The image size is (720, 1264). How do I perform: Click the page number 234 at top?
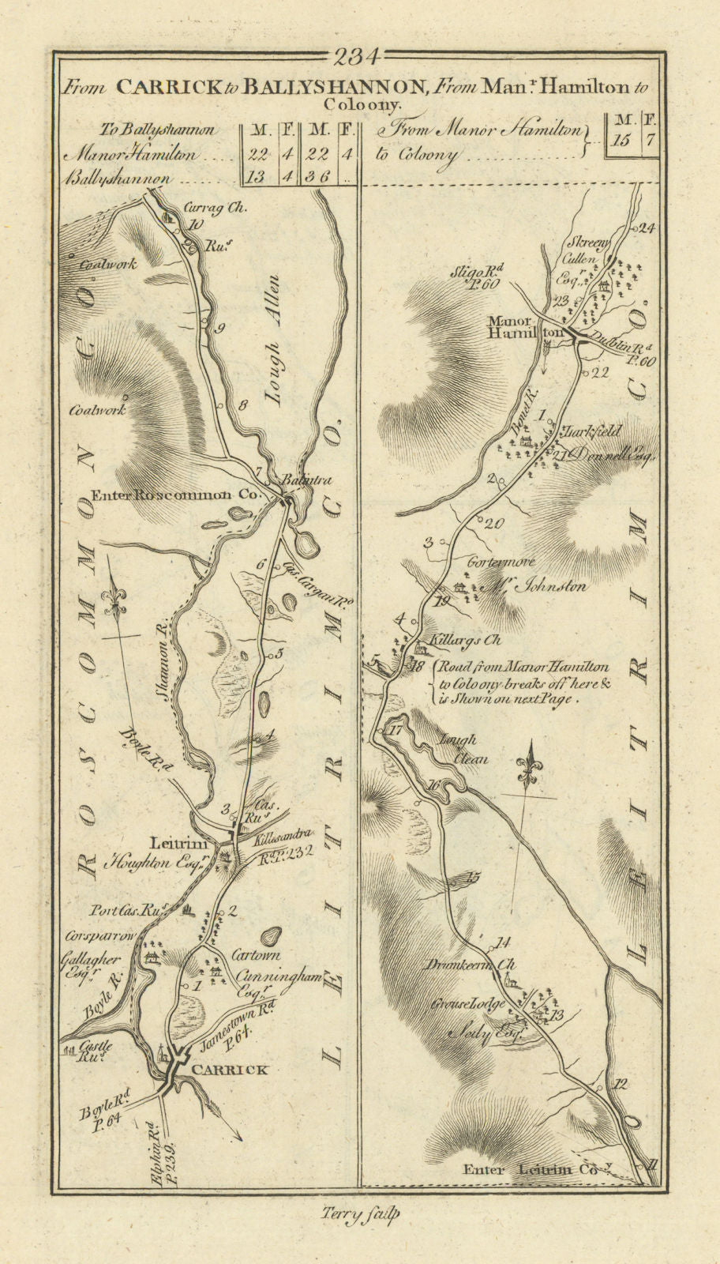tap(358, 56)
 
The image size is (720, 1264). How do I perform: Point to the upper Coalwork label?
tap(107, 264)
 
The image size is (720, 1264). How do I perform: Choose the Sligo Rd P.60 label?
tap(477, 278)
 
